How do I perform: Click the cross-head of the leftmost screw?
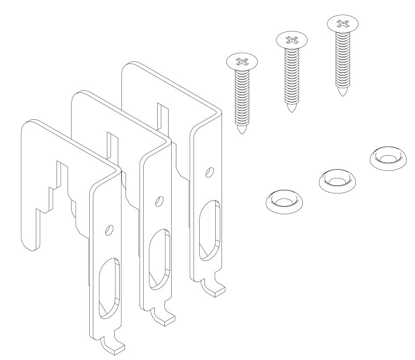click(242, 62)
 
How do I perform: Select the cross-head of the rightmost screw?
click(342, 23)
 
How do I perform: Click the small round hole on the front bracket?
click(108, 229)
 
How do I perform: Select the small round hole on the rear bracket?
click(209, 171)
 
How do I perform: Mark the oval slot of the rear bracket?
click(210, 228)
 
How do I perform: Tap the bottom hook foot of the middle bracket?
click(163, 316)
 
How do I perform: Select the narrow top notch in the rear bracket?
click(161, 114)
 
